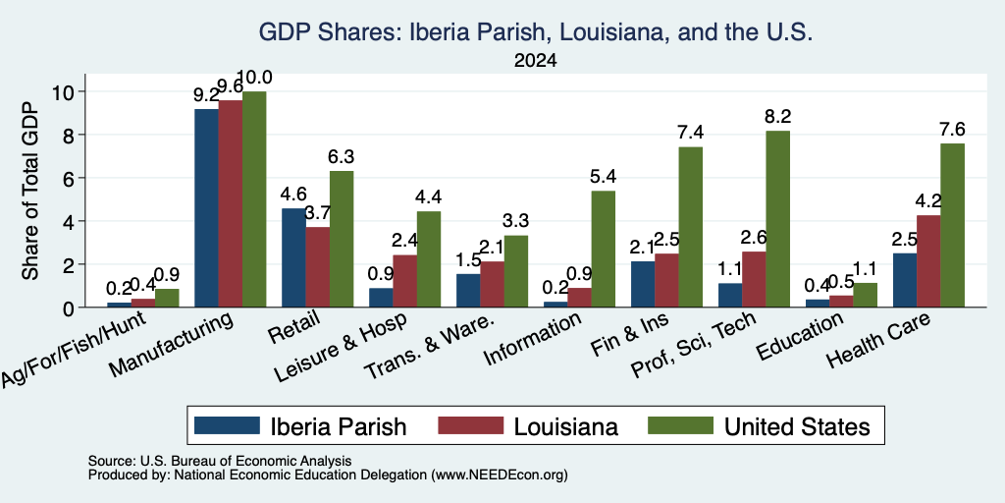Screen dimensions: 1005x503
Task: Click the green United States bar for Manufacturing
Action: (254, 198)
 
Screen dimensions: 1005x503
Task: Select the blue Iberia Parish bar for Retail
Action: (292, 257)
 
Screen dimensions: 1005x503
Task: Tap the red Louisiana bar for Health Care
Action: (928, 261)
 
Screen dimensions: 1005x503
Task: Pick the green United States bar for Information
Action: (604, 249)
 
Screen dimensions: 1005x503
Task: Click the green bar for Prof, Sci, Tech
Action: (778, 219)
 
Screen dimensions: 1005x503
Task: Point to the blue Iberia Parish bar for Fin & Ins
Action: (643, 284)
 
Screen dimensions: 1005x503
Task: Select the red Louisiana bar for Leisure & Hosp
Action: (404, 281)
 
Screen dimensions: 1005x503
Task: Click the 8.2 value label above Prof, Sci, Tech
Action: (778, 117)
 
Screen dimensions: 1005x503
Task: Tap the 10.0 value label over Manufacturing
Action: (254, 78)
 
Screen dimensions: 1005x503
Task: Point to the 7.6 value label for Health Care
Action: (952, 129)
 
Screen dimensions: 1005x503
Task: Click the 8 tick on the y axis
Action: (73, 135)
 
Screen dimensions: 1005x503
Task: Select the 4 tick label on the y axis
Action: (73, 221)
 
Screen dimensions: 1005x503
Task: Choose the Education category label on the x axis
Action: (799, 337)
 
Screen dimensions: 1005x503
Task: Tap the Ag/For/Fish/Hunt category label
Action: (73, 350)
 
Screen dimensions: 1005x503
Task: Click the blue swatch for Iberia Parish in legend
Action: (227, 425)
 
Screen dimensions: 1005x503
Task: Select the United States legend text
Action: (797, 426)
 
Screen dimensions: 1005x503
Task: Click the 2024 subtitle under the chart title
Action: (535, 61)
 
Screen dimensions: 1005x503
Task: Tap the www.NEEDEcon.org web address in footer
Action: (500, 475)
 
